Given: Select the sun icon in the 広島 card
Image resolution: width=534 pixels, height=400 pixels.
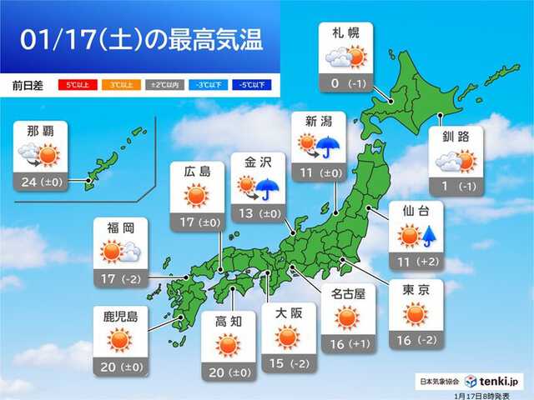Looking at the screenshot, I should click(x=197, y=196).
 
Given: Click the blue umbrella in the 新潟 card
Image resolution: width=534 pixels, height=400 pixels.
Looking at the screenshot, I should click(x=326, y=148).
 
